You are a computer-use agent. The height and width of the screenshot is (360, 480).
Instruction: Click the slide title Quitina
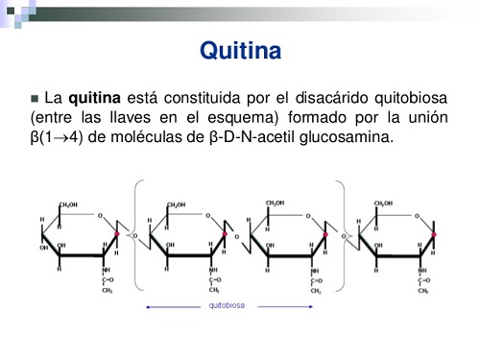coord(239,50)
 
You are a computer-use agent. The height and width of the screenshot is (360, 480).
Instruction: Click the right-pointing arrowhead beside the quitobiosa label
coord(315,307)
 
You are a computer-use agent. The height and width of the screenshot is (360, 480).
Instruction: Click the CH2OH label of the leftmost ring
coord(69,204)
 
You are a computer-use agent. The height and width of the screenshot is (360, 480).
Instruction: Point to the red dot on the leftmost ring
coord(118,233)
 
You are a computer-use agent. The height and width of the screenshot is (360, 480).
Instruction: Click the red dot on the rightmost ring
coord(434,233)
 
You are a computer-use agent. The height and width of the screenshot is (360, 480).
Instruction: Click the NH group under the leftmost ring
coord(107,271)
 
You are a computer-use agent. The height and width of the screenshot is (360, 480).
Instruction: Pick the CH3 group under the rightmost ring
coord(421,289)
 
